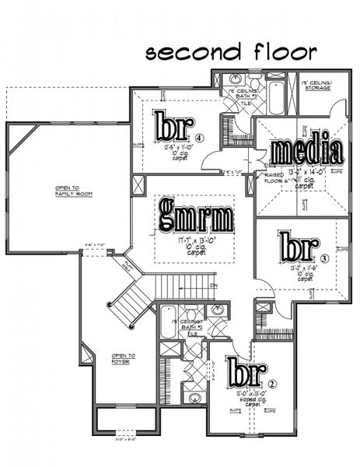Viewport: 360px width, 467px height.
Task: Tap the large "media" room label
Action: tap(306, 151)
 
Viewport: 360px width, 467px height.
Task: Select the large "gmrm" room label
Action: tap(196, 213)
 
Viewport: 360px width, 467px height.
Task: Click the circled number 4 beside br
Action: tap(199, 139)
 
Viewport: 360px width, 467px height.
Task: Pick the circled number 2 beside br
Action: tap(272, 382)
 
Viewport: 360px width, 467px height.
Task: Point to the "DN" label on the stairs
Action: tap(213, 286)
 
